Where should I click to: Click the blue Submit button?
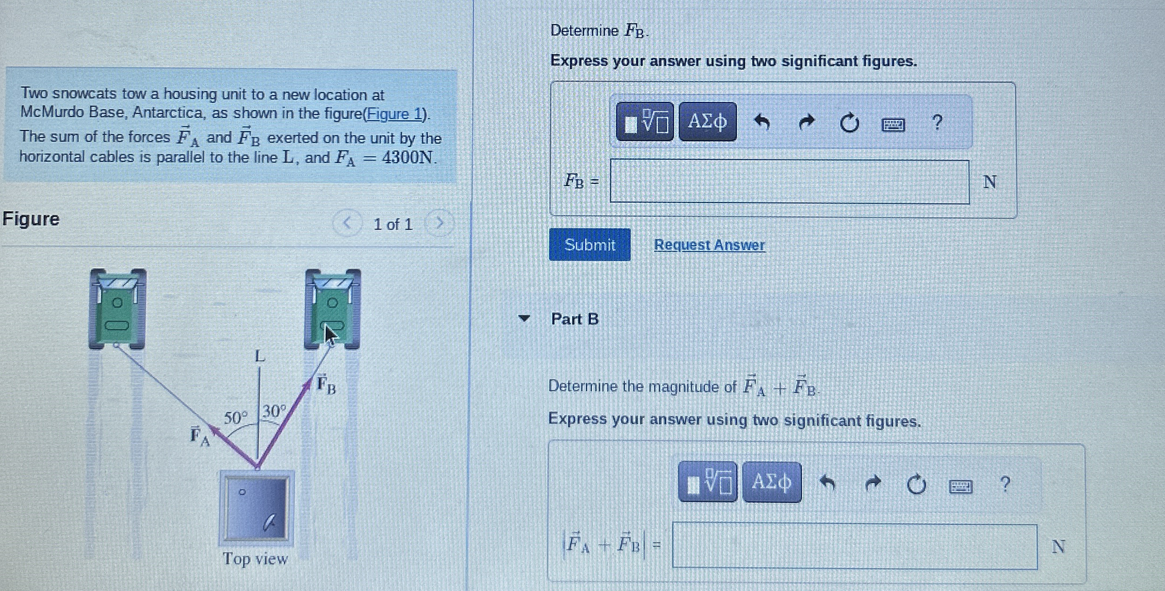coord(590,245)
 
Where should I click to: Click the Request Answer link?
coord(709,245)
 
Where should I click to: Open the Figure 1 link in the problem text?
coord(395,114)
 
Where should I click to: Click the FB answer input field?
coord(789,182)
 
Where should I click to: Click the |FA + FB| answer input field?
coord(854,546)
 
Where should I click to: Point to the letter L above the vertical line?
coord(259,356)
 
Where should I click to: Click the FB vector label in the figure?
coord(326,385)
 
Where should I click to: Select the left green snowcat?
coord(117,310)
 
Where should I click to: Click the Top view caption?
coord(255,559)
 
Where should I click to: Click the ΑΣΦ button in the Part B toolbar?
coord(771,482)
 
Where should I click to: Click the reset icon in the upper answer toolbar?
coord(849,123)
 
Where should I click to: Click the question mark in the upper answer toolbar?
coord(937,123)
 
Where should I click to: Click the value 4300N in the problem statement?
coord(408,157)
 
